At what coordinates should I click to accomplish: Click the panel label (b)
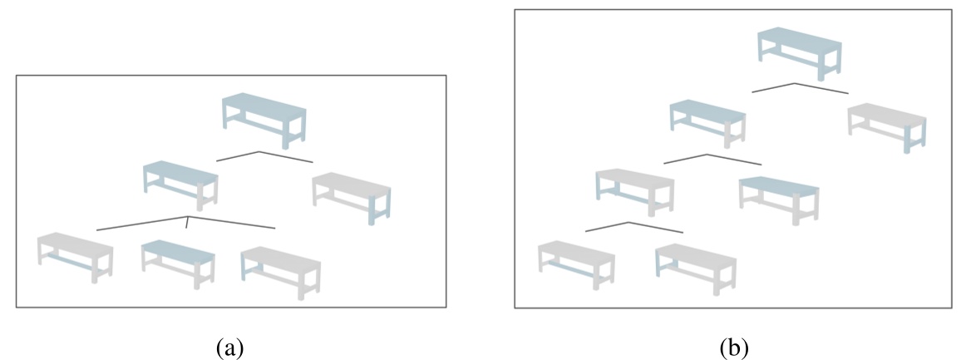(x=734, y=348)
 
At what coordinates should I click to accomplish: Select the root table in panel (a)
(x=264, y=121)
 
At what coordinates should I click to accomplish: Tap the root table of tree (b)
(x=800, y=54)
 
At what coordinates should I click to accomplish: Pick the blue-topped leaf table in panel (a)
(x=178, y=264)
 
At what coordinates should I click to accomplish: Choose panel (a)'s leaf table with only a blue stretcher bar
(x=75, y=257)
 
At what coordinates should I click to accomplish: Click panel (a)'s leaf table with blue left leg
(x=280, y=273)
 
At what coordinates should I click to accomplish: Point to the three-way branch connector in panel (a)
(x=186, y=223)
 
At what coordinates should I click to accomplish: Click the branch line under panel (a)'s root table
(x=264, y=156)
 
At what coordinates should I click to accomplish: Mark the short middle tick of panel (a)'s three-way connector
(x=187, y=223)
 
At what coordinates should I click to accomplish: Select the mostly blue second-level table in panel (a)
(x=180, y=185)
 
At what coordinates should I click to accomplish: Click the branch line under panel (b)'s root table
(x=800, y=87)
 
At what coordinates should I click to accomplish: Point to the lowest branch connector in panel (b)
(x=634, y=227)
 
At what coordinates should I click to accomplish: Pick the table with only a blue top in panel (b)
(x=779, y=200)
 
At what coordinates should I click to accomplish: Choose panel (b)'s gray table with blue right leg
(x=886, y=127)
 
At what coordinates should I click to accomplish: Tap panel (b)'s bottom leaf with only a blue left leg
(x=696, y=269)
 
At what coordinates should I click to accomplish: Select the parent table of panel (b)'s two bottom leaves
(x=634, y=192)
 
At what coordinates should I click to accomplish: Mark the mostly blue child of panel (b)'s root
(x=707, y=123)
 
